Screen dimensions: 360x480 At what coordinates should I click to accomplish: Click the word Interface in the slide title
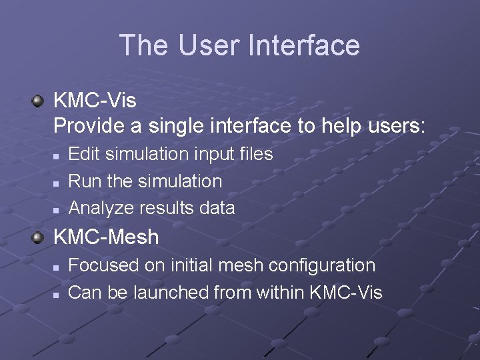click(303, 46)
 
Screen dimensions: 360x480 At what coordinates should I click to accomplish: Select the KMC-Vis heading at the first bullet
click(95, 101)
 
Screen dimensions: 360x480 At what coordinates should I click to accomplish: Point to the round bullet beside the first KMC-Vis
click(38, 101)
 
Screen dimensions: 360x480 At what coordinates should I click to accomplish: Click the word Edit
click(82, 154)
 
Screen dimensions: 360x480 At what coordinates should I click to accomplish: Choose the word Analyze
click(101, 209)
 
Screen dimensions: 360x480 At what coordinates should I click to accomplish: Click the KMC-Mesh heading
click(106, 237)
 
